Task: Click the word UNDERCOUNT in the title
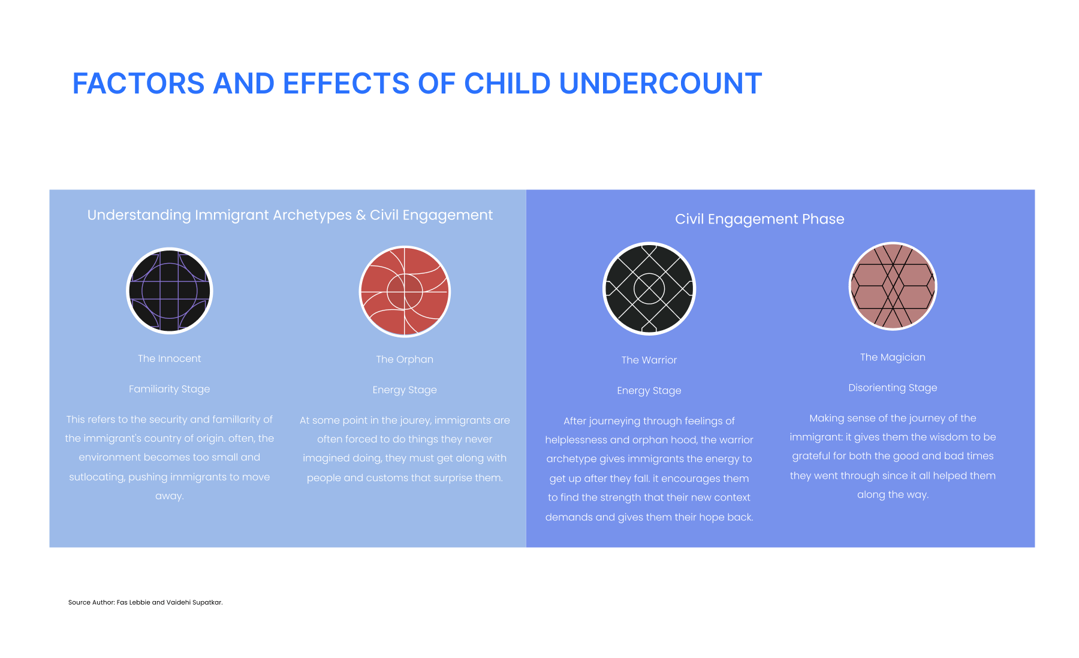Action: coord(661,83)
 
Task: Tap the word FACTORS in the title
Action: coord(138,83)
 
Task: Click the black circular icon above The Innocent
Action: coord(170,291)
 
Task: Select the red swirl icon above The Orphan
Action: coord(405,291)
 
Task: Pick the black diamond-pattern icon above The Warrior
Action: coord(649,288)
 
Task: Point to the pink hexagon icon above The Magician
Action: coord(893,286)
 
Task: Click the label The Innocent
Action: coord(170,358)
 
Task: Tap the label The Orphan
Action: coord(405,359)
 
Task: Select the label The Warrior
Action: coord(649,360)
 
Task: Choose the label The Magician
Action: coord(893,357)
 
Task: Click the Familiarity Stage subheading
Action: coord(170,389)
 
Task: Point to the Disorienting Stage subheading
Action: coord(893,388)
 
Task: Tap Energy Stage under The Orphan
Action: coord(405,390)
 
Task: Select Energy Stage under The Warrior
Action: coord(649,391)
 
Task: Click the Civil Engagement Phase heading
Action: coord(759,219)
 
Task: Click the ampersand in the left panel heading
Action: coord(360,215)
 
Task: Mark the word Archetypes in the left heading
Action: coord(312,215)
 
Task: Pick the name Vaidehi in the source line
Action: coord(178,602)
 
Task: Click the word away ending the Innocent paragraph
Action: coord(170,496)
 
